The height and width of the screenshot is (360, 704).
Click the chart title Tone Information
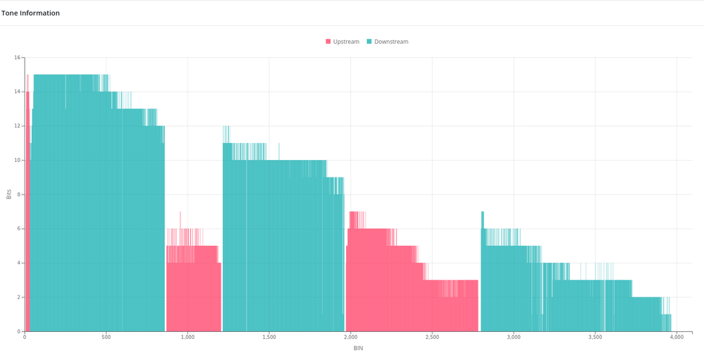(30, 13)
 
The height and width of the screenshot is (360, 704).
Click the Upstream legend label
(346, 42)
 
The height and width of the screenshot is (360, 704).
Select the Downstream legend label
(391, 42)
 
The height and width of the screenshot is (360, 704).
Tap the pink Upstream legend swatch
(328, 42)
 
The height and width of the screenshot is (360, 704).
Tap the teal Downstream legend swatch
(369, 42)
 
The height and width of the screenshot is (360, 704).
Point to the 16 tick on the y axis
(18, 58)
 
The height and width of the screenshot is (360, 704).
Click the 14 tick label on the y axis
(18, 92)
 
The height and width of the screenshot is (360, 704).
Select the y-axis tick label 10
(18, 160)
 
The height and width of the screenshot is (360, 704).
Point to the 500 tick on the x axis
(106, 337)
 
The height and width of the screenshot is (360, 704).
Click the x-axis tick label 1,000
(187, 337)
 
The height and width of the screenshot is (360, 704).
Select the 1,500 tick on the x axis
(269, 337)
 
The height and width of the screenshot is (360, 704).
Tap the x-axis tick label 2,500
(432, 337)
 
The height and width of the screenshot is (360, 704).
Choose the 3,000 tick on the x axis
(514, 337)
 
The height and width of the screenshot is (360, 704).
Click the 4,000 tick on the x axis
(677, 337)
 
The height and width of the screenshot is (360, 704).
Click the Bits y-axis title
(8, 194)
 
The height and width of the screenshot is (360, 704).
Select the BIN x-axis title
(358, 348)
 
